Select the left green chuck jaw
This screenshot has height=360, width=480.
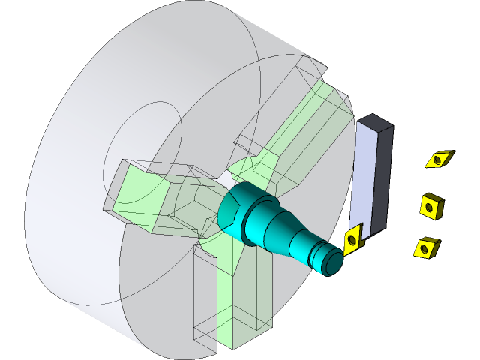point(161,199)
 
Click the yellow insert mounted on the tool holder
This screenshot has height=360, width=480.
point(352,238)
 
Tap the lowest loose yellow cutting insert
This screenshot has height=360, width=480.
point(426,247)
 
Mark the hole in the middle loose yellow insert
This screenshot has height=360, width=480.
point(430,205)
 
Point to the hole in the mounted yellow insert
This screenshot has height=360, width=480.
point(352,240)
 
